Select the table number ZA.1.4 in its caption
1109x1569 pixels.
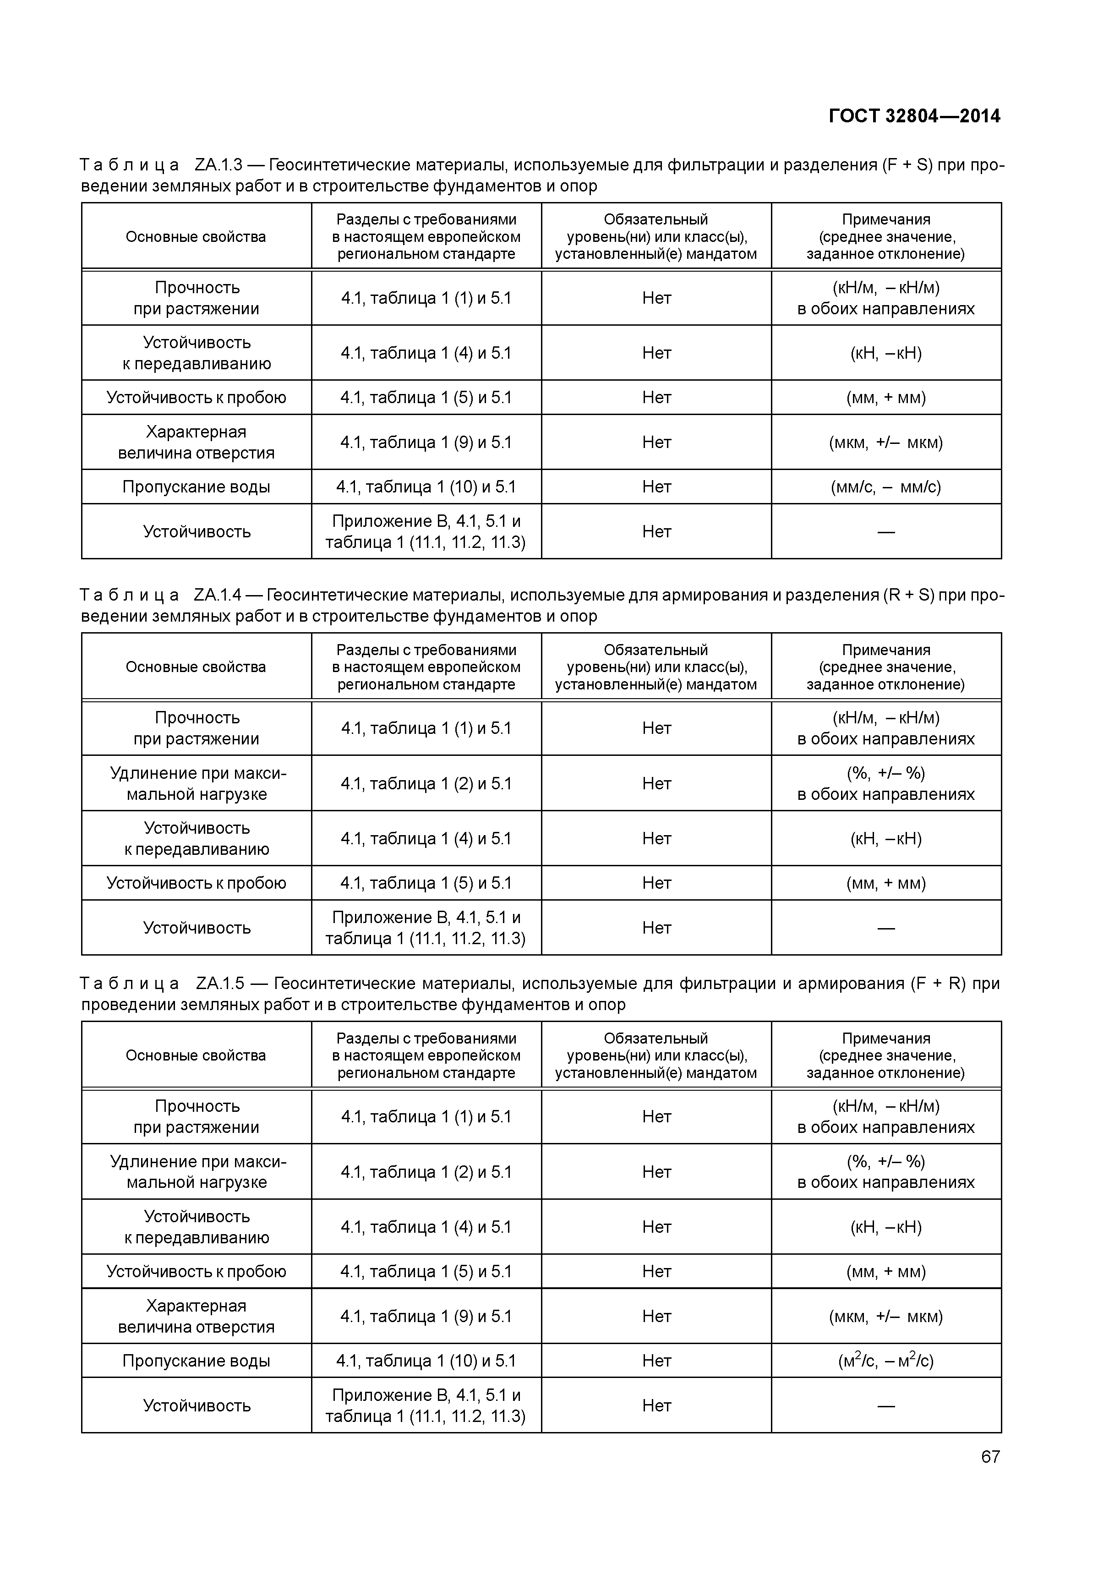point(218,595)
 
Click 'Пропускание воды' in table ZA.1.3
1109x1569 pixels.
point(196,487)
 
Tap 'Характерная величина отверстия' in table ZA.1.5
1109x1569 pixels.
point(196,1316)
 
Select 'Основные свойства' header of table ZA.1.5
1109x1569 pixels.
point(196,1055)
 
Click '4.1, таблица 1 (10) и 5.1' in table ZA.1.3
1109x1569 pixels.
point(426,487)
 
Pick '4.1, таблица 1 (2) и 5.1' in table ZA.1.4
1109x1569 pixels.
point(426,783)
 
